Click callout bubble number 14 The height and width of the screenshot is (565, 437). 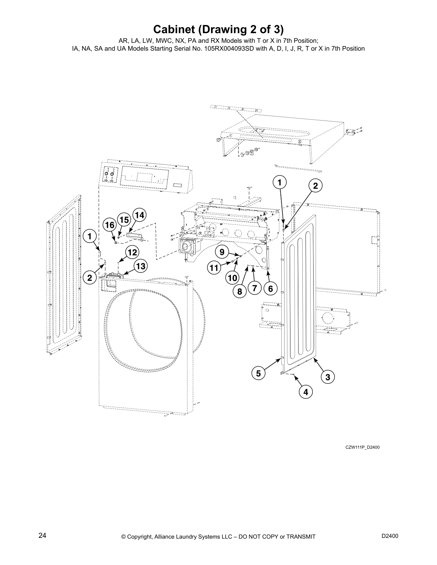140,215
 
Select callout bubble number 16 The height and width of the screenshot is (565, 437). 110,225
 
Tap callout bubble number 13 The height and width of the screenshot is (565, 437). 141,266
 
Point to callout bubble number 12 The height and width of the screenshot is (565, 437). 132,253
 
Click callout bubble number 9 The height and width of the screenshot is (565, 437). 222,252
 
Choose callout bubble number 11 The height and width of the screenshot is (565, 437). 214,268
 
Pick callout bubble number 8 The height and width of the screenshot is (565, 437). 240,292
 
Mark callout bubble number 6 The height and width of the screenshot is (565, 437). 271,289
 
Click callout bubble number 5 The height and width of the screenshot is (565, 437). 258,373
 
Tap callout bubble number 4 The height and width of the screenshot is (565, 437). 306,392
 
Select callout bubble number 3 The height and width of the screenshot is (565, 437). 328,377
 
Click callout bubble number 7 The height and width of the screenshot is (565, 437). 255,289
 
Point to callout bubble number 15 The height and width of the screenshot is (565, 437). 124,220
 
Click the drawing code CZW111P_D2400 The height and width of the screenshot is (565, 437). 362,447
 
